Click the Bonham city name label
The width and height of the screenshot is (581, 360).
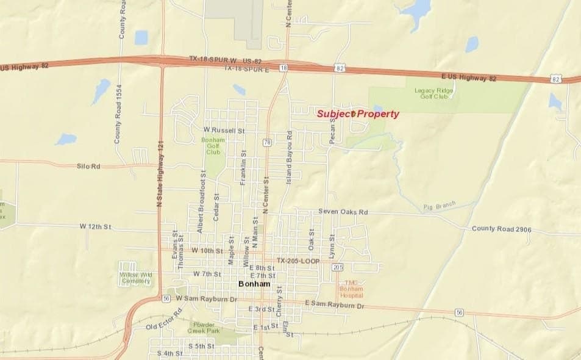point(251,284)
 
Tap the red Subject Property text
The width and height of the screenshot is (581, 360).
point(358,113)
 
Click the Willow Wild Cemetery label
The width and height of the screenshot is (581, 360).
point(135,278)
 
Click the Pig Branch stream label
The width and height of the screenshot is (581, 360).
point(440,206)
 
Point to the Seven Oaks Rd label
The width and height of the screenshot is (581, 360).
point(343,212)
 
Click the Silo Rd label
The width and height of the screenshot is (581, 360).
point(88,166)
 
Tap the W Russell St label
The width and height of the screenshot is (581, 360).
point(224,130)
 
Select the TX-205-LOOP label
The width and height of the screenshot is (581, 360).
point(298,260)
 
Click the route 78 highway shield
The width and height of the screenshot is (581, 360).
point(267,143)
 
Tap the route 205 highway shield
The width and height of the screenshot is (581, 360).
point(338,267)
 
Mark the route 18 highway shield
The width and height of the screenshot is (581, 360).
point(283,68)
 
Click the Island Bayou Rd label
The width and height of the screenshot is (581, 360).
point(290,157)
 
